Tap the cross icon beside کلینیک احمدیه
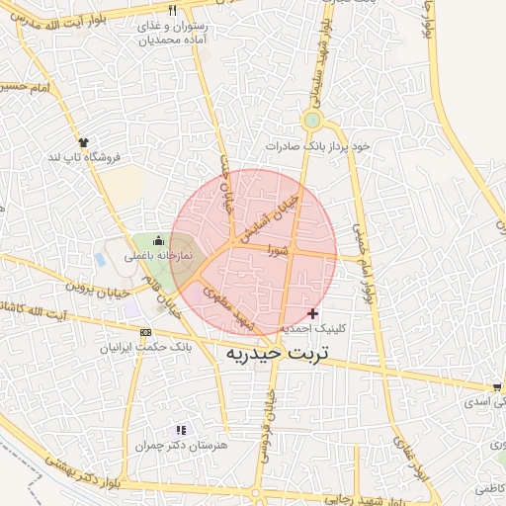(x=313, y=313)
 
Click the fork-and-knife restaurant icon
(x=173, y=11)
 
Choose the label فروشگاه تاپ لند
(x=84, y=157)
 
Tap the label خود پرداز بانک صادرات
(x=316, y=146)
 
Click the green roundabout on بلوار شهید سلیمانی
(x=313, y=122)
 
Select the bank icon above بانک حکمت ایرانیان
(x=146, y=333)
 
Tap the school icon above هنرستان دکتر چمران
(x=180, y=430)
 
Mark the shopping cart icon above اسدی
(x=496, y=386)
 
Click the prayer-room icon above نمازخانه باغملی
(x=158, y=239)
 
